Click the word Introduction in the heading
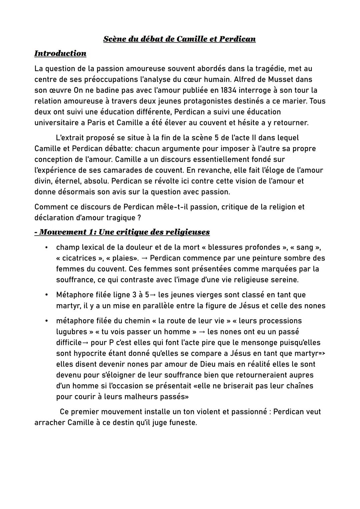(x=60, y=53)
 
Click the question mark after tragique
(x=139, y=218)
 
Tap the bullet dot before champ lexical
(x=47, y=247)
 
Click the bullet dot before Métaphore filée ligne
(x=47, y=295)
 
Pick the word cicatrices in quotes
(x=80, y=258)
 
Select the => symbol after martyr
(x=321, y=353)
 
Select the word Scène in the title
(x=114, y=39)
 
